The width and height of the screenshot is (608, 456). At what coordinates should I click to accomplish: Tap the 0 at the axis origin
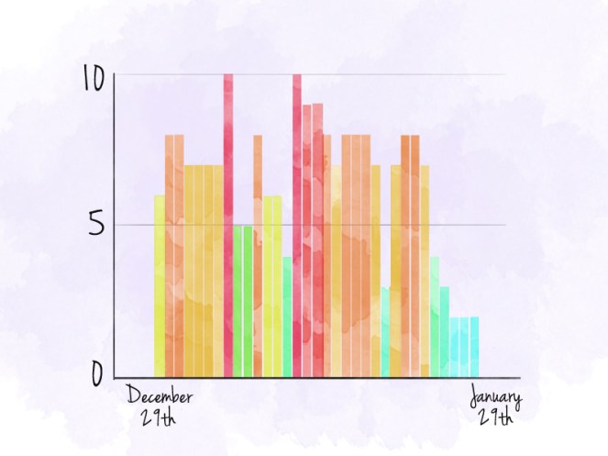96,373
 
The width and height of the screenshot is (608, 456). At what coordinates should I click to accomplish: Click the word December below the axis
159,397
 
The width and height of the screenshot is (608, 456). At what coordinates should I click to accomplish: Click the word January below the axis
495,398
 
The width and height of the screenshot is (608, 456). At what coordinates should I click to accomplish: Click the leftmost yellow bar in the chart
160,284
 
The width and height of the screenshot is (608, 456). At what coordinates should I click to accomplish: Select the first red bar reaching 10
228,225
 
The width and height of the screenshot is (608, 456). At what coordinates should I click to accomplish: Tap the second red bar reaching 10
297,225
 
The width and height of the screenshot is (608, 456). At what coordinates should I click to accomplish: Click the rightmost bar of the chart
474,347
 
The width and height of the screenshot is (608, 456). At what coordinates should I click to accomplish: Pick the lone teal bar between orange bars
385,331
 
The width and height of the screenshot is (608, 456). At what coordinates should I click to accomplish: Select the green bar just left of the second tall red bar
287,317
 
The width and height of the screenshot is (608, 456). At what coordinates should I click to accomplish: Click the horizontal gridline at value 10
413,74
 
